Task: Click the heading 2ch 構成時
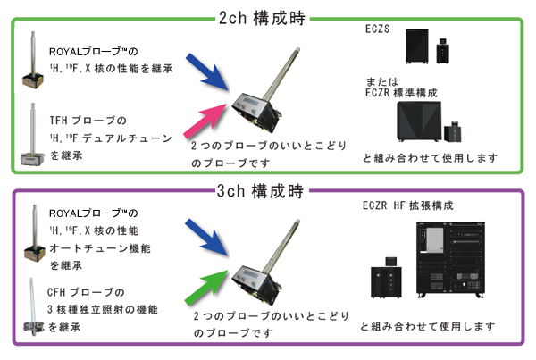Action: click(x=262, y=18)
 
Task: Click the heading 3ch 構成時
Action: click(x=260, y=191)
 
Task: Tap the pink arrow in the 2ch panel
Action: click(x=205, y=120)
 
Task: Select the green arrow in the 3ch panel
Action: click(x=206, y=287)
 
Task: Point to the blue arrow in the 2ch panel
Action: click(x=207, y=71)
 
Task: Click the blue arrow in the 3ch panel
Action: click(x=207, y=238)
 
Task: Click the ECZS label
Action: click(x=377, y=29)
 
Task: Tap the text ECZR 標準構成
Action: click(x=401, y=93)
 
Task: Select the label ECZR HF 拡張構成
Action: click(x=408, y=205)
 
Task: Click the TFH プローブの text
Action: click(x=88, y=121)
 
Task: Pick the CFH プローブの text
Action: click(x=86, y=292)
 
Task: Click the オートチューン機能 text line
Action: click(x=100, y=248)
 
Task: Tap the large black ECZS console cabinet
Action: click(x=417, y=46)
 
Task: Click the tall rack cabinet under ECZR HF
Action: click(x=450, y=259)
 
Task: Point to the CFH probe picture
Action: click(x=33, y=306)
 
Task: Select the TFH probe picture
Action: click(x=32, y=134)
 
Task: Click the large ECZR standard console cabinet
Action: click(x=419, y=121)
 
